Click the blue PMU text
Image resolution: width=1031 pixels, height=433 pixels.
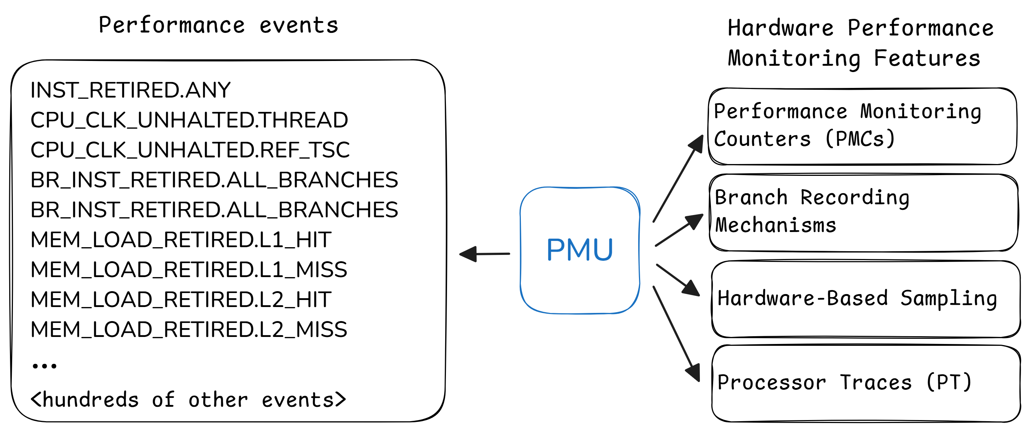580,249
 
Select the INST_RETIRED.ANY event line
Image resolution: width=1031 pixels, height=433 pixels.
130,90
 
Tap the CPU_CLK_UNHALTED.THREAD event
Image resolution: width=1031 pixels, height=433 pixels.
189,120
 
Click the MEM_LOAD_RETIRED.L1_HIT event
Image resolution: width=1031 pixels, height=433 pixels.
181,240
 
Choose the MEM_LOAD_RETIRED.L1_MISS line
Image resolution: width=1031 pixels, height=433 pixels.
189,270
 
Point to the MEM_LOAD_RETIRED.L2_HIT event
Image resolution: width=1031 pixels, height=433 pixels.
181,300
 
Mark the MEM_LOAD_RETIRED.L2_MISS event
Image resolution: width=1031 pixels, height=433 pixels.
189,330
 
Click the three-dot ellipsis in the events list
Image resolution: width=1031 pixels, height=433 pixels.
44,366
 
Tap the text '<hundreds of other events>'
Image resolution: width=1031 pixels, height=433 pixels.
188,400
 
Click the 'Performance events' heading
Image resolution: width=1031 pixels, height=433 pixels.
219,25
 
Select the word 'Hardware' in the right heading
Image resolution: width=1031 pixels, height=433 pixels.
780,28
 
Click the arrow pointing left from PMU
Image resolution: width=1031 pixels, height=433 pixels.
484,254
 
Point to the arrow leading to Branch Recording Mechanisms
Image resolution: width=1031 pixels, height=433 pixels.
679,230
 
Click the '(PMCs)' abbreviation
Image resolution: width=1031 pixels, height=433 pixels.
860,139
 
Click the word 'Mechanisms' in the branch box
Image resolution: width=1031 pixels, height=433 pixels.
776,225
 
